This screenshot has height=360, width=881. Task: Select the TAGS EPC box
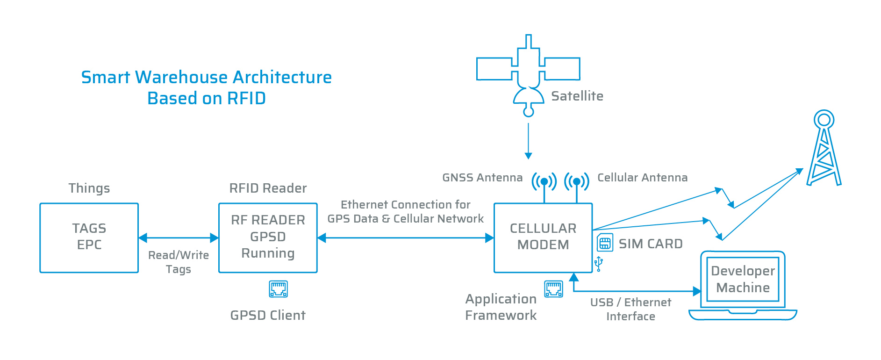coord(89,238)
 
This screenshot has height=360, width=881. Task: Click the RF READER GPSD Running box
coord(268,238)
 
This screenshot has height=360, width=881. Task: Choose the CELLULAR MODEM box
coord(543,238)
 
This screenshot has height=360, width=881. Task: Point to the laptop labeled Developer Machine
coord(743,286)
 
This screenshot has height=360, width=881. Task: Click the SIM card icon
coord(605,243)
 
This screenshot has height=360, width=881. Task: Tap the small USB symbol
coord(598,264)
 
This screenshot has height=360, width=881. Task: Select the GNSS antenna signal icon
coord(544,181)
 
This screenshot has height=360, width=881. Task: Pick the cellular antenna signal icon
coord(577,181)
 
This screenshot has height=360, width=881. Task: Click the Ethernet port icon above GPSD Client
coord(278,289)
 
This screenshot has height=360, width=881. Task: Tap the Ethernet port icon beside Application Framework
coord(553,289)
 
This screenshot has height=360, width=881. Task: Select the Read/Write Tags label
coord(179,262)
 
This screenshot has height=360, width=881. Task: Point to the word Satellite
coord(577,96)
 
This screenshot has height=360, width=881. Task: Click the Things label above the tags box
coord(89,188)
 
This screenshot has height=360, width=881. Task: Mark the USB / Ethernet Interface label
coord(630,310)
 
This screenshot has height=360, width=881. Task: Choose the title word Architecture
coord(282,77)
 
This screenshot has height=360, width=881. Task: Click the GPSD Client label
coord(268,316)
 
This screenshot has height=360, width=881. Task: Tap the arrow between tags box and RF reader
coord(179,238)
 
